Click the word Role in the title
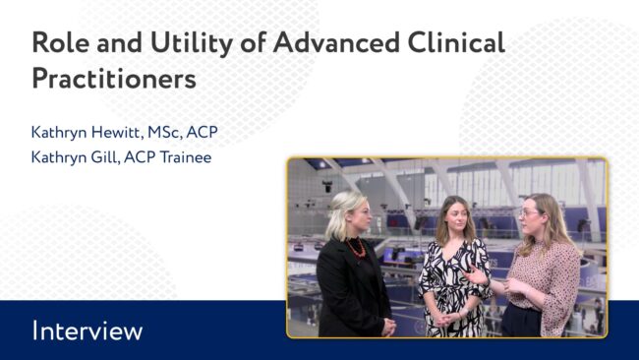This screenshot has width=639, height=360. point(60,42)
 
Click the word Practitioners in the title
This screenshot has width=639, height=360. point(114,79)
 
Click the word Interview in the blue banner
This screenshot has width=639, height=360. point(87,330)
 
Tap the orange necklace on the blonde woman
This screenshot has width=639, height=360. point(356,248)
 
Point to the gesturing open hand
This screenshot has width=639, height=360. point(476,276)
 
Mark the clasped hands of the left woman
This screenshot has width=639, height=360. point(388,328)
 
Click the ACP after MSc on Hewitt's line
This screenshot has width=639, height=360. point(203,132)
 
